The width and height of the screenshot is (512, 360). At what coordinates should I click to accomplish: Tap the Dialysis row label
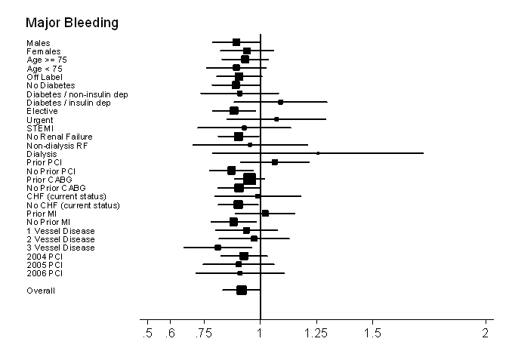pyautogui.click(x=42, y=153)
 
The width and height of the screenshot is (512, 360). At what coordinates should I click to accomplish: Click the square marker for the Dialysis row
pyautogui.click(x=318, y=153)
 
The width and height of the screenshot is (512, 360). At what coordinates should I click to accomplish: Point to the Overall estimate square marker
pyautogui.click(x=241, y=290)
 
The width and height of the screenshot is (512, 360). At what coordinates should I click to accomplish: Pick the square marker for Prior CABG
pyautogui.click(x=249, y=179)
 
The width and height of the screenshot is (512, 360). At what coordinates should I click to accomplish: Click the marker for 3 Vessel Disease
pyautogui.click(x=217, y=248)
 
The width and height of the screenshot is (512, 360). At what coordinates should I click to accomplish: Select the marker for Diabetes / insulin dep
pyautogui.click(x=280, y=102)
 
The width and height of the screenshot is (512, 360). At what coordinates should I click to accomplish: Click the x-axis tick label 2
pyautogui.click(x=486, y=333)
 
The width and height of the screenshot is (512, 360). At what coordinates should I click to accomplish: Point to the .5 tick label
pyautogui.click(x=148, y=333)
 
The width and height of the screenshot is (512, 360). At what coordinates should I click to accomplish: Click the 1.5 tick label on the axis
pyautogui.click(x=373, y=333)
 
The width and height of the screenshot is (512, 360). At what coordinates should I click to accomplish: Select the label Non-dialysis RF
pyautogui.click(x=54, y=145)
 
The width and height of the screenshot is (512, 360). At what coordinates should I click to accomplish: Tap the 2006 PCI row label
pyautogui.click(x=45, y=273)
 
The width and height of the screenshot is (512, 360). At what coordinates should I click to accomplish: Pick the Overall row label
pyautogui.click(x=41, y=291)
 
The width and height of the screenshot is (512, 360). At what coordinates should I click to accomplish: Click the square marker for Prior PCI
pyautogui.click(x=274, y=162)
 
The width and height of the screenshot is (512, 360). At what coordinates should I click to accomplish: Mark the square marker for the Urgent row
pyautogui.click(x=276, y=119)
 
